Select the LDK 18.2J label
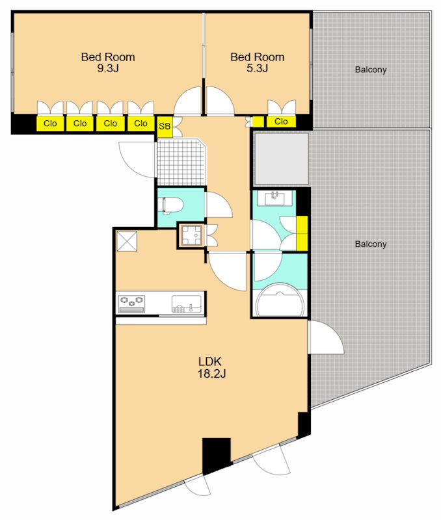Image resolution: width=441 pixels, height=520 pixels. click(211, 367)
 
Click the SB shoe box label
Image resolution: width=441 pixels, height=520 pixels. click(165, 126)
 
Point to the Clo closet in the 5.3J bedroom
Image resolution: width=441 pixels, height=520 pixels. click(281, 122)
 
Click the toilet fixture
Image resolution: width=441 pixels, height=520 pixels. click(171, 205)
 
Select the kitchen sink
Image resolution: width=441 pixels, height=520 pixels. click(187, 304)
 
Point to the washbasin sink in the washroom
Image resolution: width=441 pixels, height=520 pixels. click(274, 198)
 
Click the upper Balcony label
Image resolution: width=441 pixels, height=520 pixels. click(371, 70)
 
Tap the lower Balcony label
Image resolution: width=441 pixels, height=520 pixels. click(371, 244)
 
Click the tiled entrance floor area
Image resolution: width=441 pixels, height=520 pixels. click(181, 162)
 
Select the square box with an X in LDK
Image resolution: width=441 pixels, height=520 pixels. click(127, 241)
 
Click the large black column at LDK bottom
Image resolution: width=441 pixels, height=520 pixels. click(217, 456)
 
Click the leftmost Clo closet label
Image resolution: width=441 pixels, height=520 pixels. click(50, 123)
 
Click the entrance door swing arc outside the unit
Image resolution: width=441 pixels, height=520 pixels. click(137, 159)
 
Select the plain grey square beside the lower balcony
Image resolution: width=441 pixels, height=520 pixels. click(281, 159)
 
